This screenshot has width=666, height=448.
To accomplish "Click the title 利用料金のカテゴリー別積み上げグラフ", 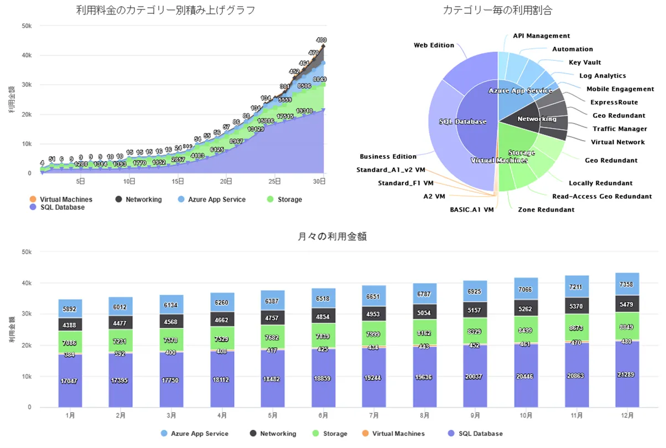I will click(x=165, y=10).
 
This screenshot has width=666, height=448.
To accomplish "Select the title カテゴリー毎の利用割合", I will click(x=497, y=10).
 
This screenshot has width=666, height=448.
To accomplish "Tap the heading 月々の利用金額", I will click(x=332, y=236).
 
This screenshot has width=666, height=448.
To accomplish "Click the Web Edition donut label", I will click(x=434, y=45).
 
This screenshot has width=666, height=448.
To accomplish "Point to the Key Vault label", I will click(x=585, y=63).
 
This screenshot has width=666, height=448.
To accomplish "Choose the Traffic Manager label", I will click(x=620, y=129).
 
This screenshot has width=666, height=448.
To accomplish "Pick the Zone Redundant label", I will click(x=546, y=210).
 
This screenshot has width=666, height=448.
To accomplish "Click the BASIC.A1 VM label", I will click(x=471, y=210).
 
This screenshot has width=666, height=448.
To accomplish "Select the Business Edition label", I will click(x=388, y=157).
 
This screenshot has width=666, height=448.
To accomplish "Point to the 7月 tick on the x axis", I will click(x=373, y=415).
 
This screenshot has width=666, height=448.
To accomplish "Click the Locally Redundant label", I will click(x=600, y=183).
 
